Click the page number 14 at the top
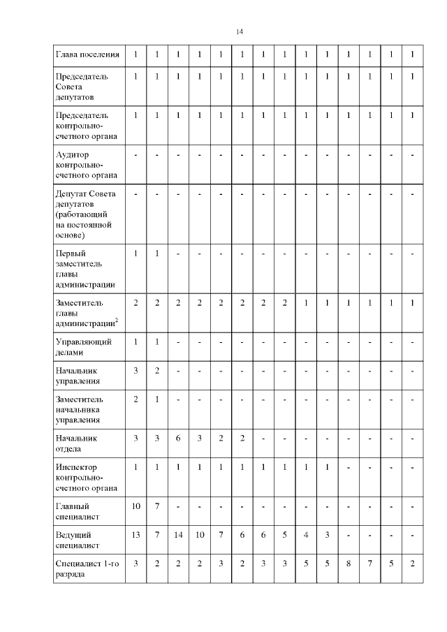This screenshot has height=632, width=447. [240, 32]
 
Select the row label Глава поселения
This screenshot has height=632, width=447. [87, 54]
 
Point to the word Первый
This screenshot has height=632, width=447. [71, 253]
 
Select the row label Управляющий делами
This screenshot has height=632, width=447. [83, 347]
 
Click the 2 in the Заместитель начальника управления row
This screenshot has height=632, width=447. [135, 399]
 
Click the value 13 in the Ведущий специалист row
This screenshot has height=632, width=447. [135, 534]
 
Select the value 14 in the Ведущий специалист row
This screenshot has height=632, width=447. [178, 534]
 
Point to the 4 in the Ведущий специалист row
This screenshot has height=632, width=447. [306, 534]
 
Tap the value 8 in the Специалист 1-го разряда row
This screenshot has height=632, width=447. [349, 563]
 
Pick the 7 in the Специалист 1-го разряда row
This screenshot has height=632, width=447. [370, 563]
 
